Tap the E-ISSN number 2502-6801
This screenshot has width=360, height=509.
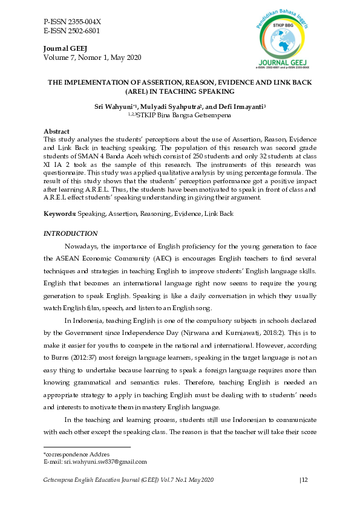pos(83,30)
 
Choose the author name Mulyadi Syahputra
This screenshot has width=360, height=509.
pos(168,106)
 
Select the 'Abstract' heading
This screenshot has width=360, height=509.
pos(56,131)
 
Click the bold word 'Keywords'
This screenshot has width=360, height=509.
pos(59,214)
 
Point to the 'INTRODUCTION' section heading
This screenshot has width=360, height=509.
pos(71,233)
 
